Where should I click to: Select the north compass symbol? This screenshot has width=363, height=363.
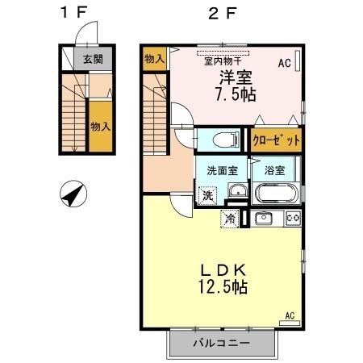point(74,194)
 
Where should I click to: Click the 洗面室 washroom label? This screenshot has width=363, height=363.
point(221,170)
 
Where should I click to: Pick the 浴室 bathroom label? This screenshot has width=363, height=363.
point(273,170)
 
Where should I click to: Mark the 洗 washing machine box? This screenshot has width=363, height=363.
point(207,194)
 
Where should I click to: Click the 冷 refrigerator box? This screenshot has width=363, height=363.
point(231,218)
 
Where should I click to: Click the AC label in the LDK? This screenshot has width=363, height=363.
point(290,315)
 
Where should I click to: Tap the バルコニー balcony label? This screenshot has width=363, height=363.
point(221,343)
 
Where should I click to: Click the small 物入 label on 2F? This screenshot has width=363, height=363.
point(154,58)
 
